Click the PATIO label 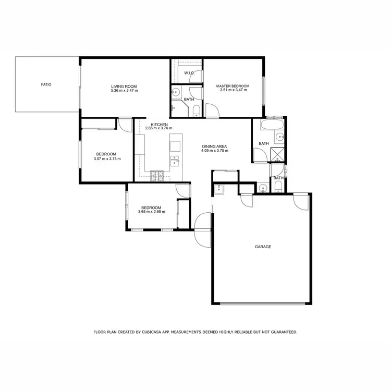(x=46, y=84)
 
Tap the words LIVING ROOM (x=124, y=87)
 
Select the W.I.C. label (x=189, y=73)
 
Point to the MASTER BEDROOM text (x=233, y=86)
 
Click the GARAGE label (x=263, y=247)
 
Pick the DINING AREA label (x=215, y=146)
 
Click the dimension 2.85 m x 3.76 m (x=159, y=128)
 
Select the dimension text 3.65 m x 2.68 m (x=151, y=212)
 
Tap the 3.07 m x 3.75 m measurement (x=107, y=158)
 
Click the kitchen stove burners (x=157, y=176)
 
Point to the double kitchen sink (x=175, y=160)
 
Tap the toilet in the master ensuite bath (x=195, y=110)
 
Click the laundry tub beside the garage (x=219, y=189)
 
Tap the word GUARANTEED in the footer (x=280, y=332)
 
